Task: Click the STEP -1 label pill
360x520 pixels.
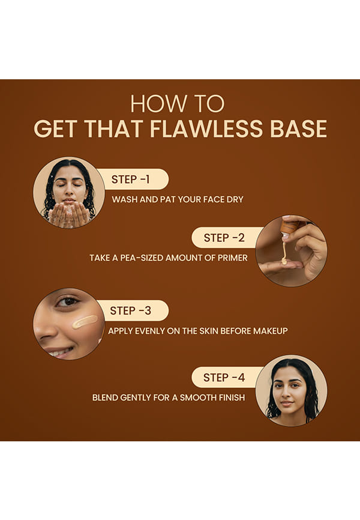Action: tap(133, 179)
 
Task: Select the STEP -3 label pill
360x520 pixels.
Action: tap(133, 310)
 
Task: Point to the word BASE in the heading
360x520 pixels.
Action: tap(298, 128)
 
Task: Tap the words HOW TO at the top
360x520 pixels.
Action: tap(178, 104)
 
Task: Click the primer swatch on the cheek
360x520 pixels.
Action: tap(85, 321)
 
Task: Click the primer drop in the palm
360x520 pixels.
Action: tap(284, 262)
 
